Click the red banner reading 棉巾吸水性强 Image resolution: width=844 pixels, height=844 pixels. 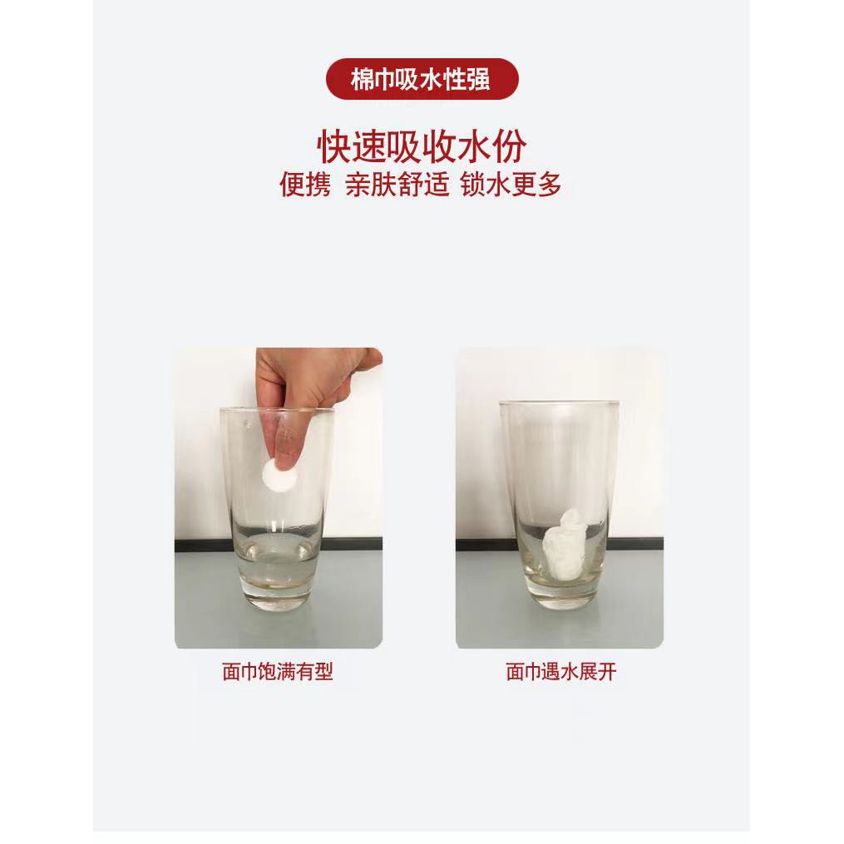pos(422,79)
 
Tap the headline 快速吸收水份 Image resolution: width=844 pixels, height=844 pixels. pos(422,146)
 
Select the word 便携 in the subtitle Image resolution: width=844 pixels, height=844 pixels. pos(304,185)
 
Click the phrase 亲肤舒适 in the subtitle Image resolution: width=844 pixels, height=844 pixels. pos(397,185)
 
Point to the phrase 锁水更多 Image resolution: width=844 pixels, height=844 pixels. pos(511,185)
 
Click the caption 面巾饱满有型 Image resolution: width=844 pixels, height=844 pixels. pos(278,672)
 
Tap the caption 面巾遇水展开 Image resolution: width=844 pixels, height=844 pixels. pos(561,672)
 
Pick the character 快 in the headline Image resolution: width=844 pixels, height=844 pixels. pos(334,146)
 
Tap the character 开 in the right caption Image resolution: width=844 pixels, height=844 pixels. pos(608,672)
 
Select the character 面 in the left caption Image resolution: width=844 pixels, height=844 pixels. pos(231,672)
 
